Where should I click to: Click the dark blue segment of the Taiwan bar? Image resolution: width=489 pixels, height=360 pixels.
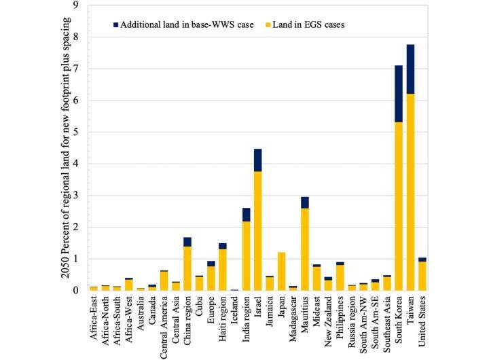pos(411,69)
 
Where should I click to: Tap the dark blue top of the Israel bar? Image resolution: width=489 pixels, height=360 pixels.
pos(257,160)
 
